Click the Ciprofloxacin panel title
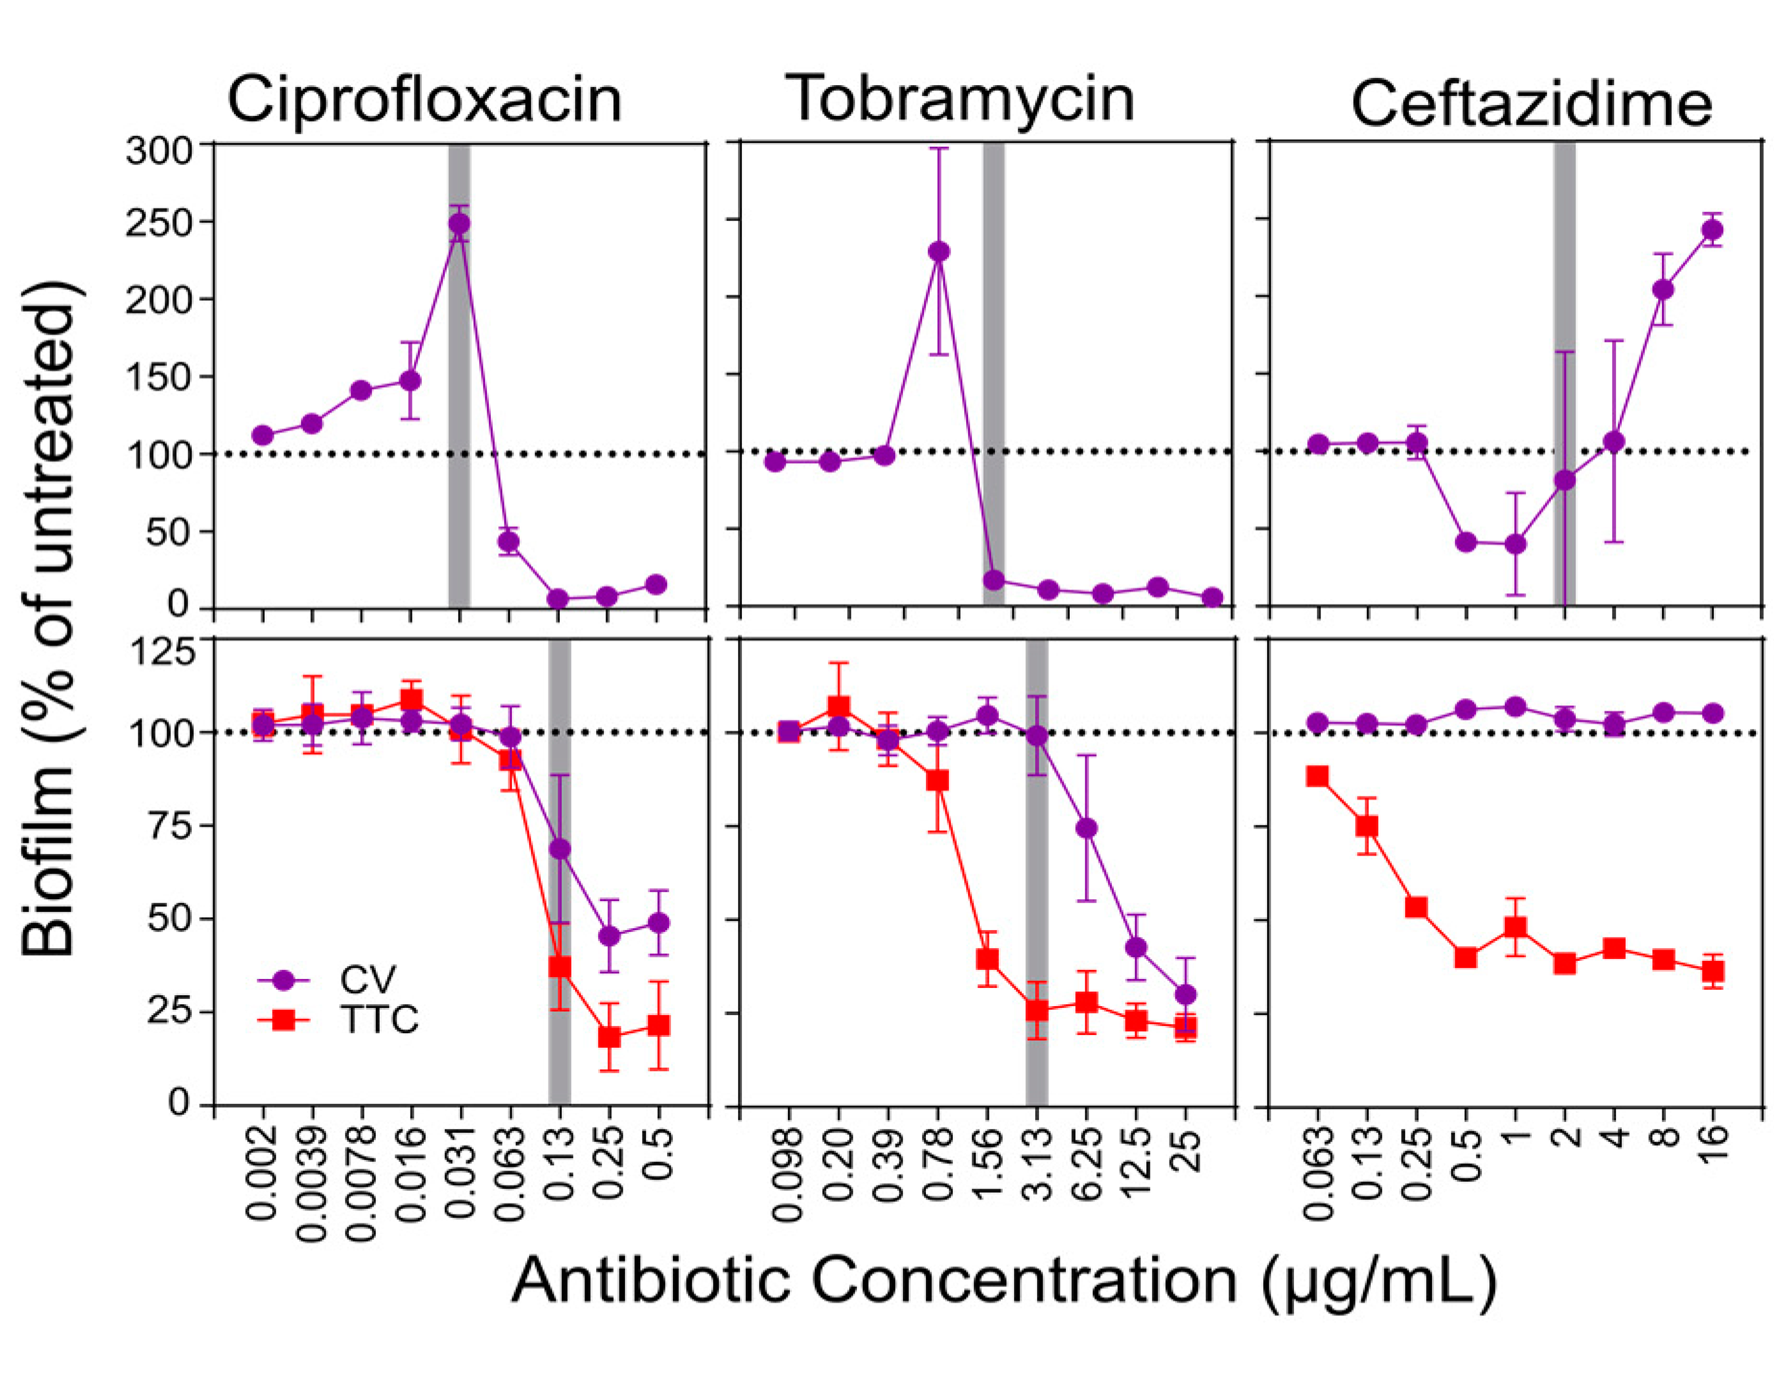click(424, 100)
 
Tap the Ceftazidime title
click(1531, 105)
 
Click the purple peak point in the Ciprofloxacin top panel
click(460, 224)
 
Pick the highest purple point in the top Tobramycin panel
click(939, 252)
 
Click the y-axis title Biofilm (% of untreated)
click(49, 618)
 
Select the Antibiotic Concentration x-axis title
click(1003, 1280)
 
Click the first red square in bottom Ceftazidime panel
click(1317, 776)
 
